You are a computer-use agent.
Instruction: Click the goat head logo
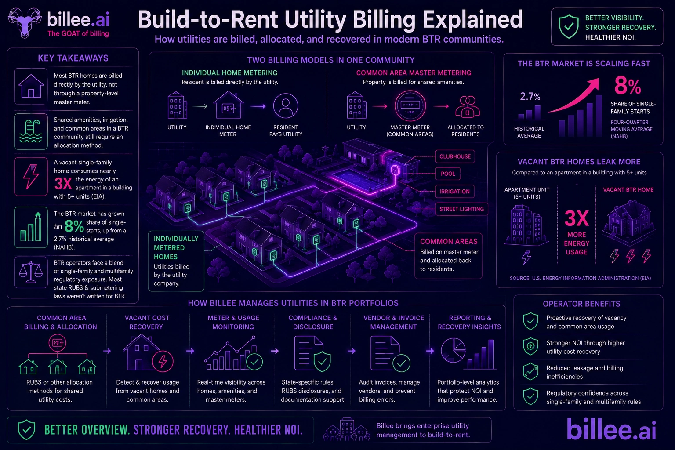(25, 22)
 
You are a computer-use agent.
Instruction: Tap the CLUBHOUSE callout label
(455, 156)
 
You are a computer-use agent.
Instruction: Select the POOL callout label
(448, 174)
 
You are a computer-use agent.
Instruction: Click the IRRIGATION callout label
(454, 192)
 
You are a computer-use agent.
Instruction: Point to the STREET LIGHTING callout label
(461, 209)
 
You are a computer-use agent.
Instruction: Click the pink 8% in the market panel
(628, 85)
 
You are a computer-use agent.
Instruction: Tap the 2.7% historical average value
(530, 96)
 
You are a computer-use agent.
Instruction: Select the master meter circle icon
(410, 106)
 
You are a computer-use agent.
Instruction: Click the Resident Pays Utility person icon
(285, 106)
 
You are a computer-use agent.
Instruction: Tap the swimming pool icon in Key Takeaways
(31, 131)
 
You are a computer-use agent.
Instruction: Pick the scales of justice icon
(31, 272)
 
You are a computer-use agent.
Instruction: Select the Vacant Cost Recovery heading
(147, 322)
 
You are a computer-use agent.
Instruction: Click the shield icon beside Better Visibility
(569, 26)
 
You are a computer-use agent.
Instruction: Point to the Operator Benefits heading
(581, 304)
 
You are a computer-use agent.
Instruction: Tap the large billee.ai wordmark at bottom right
(611, 429)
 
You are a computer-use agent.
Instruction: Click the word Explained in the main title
(472, 19)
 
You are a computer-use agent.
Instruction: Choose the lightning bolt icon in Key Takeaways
(31, 177)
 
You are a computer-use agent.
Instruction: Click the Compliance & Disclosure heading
(313, 322)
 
